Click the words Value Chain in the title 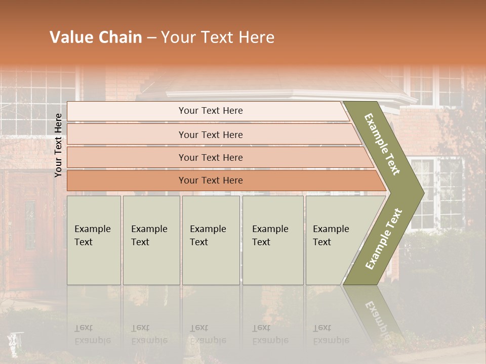point(96,37)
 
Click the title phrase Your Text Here point(218,37)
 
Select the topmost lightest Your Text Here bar point(210,111)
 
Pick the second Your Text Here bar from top point(210,134)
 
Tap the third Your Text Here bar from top point(210,157)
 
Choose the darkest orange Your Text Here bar point(210,180)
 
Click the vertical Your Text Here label point(58,145)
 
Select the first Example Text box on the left point(94,240)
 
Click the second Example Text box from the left point(151,240)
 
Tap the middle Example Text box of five point(211,240)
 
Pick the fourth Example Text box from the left point(273,240)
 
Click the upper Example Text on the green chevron point(383,144)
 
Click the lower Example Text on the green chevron point(384,239)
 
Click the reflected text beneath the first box point(92,334)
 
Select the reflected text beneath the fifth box point(331,334)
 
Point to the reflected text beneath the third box point(208,334)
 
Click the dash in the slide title point(151,38)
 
